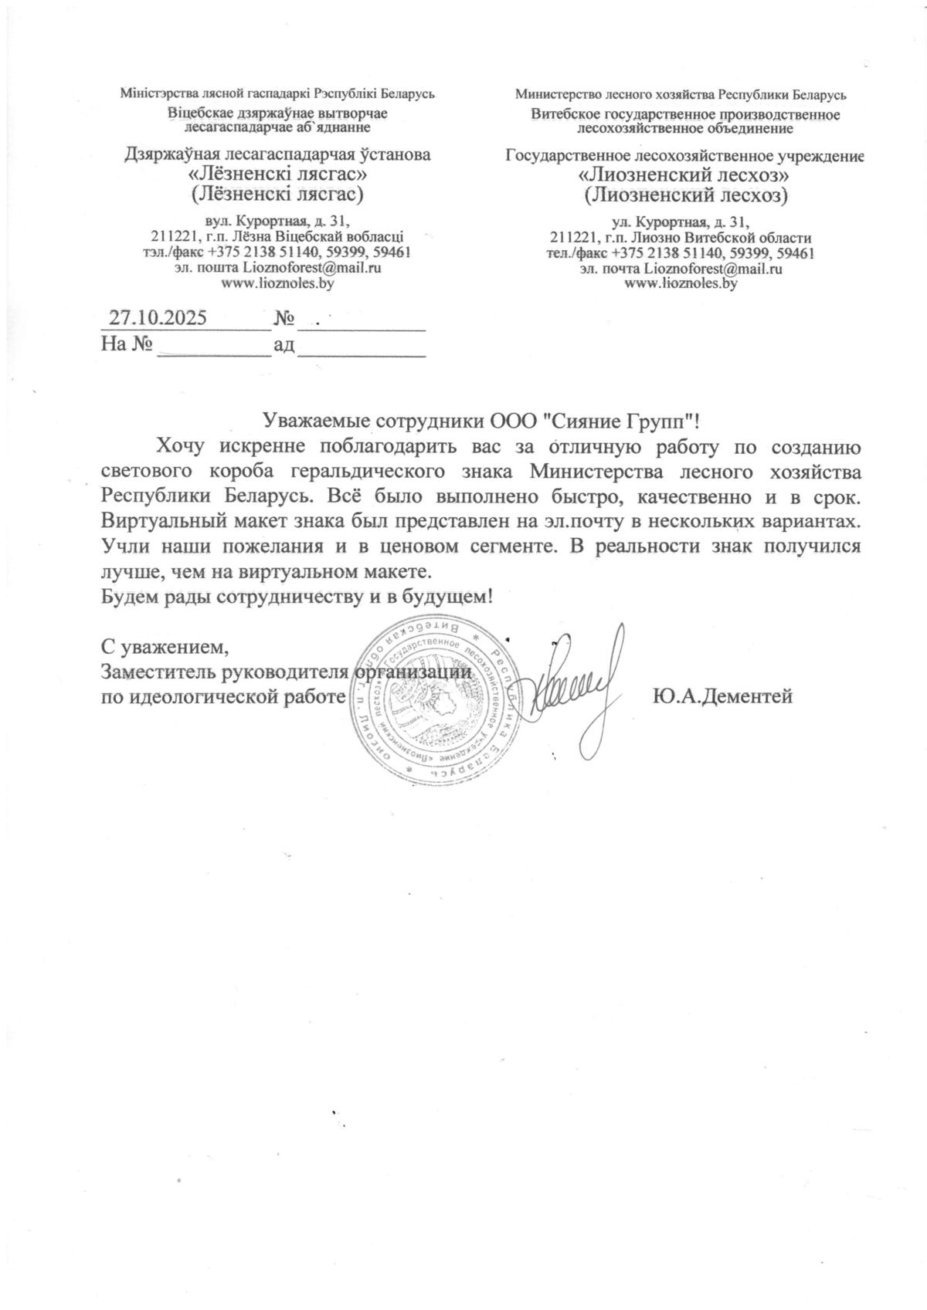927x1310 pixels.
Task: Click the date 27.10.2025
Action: pos(157,318)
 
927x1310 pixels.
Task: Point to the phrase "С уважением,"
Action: pos(165,646)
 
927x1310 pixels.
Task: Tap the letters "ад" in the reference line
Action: pos(284,344)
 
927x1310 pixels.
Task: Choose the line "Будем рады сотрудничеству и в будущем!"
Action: pos(297,596)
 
